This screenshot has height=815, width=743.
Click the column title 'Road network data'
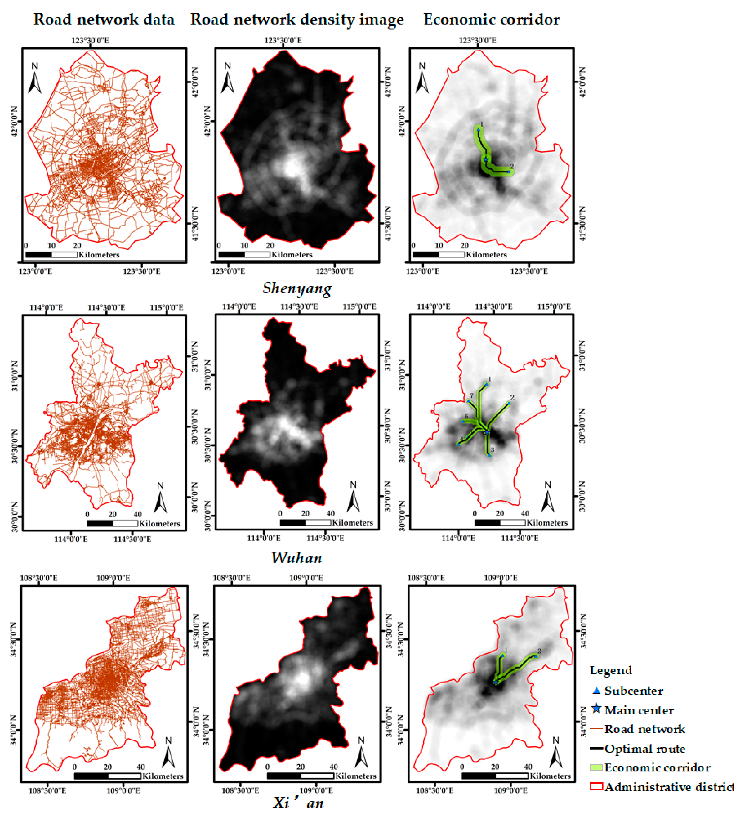tap(104, 19)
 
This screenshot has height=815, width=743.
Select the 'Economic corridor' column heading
tap(491, 19)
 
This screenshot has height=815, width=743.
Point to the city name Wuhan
tap(296, 558)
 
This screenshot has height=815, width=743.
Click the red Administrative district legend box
tap(596, 786)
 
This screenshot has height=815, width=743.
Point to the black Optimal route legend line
tap(596, 748)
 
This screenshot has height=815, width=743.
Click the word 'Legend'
tap(610, 670)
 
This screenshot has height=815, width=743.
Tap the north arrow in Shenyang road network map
tap(35, 79)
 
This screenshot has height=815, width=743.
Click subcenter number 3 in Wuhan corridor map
tap(489, 455)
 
